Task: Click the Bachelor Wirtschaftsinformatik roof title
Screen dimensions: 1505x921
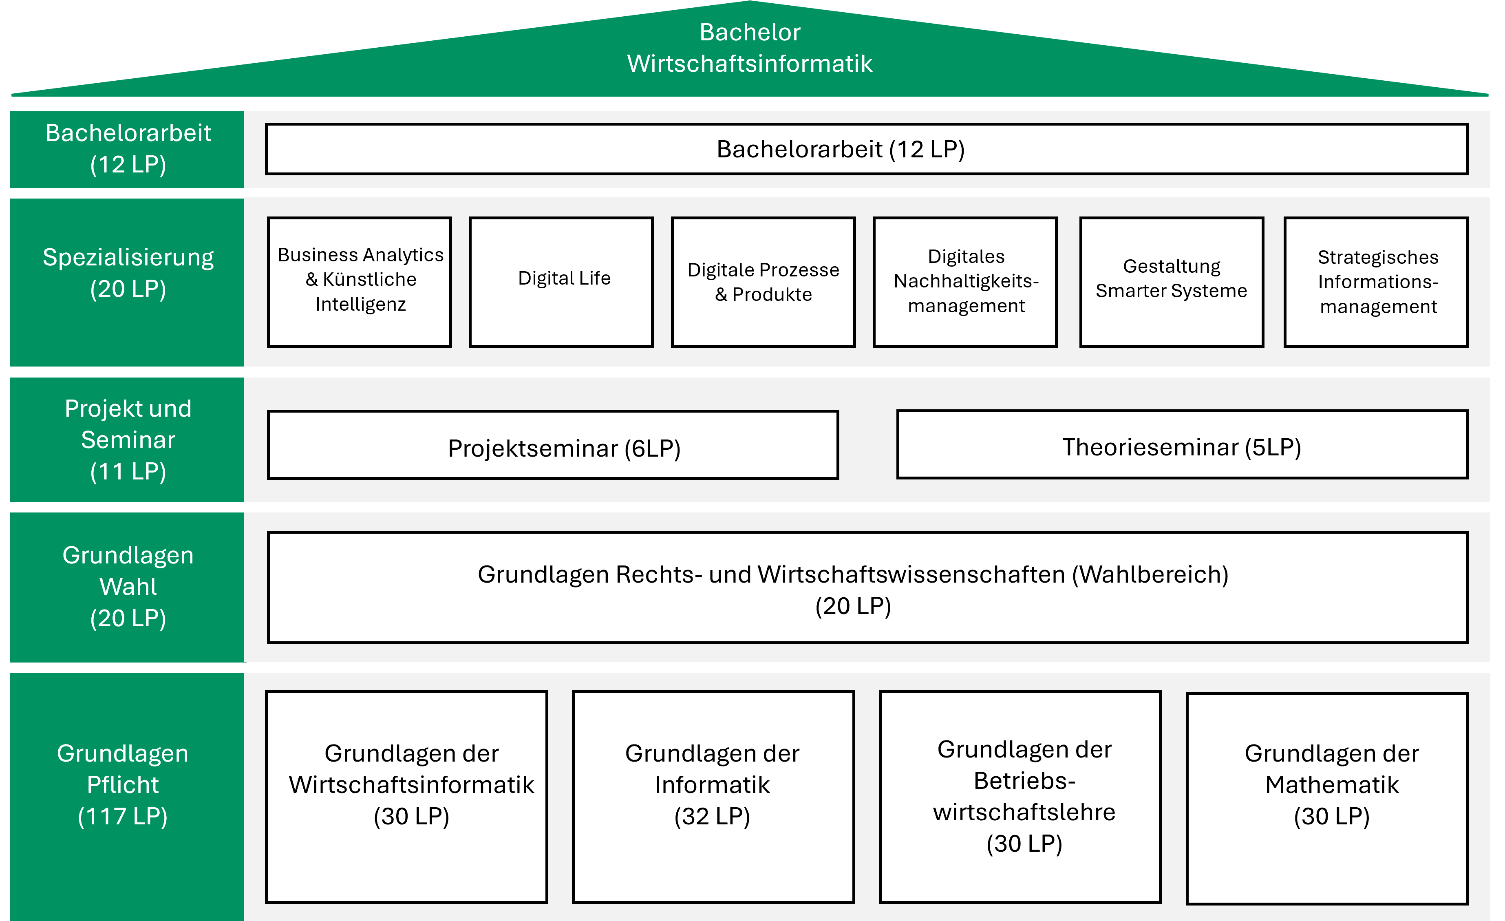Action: [x=750, y=48]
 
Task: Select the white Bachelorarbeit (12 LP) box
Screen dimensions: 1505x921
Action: [x=866, y=149]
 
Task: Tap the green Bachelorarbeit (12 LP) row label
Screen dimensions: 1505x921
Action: [x=127, y=149]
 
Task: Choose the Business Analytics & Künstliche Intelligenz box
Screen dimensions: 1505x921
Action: [x=360, y=282]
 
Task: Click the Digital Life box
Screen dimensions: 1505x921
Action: [x=561, y=282]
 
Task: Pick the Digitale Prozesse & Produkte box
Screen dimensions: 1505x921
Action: [x=764, y=282]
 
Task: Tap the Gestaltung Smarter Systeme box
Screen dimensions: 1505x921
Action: [x=1172, y=282]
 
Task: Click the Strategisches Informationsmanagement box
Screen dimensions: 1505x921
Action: [x=1376, y=282]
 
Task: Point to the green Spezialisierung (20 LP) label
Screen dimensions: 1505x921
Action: [x=127, y=282]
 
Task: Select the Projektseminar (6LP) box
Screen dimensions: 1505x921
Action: [x=553, y=445]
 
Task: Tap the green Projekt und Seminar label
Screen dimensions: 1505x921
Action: [x=127, y=440]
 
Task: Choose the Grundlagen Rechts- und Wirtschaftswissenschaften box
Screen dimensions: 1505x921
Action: [x=867, y=587]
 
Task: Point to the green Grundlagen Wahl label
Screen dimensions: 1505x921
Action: [x=127, y=587]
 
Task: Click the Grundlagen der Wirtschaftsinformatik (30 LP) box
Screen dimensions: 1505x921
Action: [x=406, y=797]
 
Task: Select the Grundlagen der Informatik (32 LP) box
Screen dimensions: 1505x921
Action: [x=713, y=797]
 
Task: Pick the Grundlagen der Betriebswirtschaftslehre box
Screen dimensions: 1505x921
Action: [x=1020, y=797]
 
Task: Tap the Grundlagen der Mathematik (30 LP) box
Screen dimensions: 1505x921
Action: [x=1327, y=798]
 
